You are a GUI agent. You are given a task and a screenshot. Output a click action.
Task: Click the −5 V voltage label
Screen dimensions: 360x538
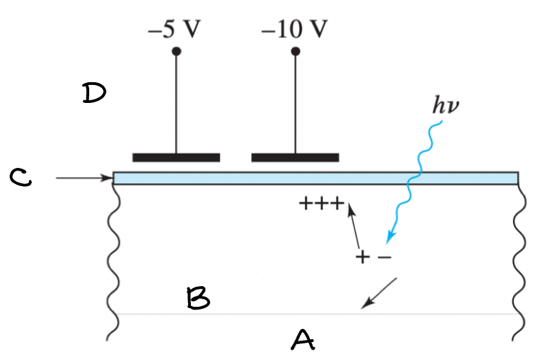point(176,30)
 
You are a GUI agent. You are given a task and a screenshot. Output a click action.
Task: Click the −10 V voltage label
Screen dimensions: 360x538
point(295,30)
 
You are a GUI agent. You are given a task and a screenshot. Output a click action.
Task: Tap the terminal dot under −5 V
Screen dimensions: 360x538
point(176,51)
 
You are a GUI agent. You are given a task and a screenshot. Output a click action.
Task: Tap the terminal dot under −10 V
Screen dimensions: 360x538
point(296,51)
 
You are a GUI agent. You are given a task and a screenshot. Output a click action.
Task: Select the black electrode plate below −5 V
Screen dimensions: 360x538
point(176,158)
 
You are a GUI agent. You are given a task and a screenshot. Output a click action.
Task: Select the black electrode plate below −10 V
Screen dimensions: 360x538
point(295,158)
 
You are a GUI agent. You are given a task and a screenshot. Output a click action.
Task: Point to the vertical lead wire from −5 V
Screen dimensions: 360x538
point(176,104)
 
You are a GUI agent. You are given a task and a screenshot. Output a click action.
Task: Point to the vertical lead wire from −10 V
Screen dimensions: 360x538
point(296,104)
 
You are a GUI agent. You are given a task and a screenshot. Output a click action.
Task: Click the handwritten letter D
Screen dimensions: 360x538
point(93,93)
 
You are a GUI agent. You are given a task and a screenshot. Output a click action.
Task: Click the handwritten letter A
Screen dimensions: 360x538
point(302,339)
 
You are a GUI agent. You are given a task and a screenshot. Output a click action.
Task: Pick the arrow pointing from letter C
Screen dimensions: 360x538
point(83,178)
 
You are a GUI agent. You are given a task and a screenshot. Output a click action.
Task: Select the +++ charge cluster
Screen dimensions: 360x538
point(321,203)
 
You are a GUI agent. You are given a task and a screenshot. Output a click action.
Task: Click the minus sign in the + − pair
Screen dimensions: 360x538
point(384,258)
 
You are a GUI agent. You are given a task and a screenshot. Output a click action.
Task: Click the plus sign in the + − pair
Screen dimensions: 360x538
point(363,258)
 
